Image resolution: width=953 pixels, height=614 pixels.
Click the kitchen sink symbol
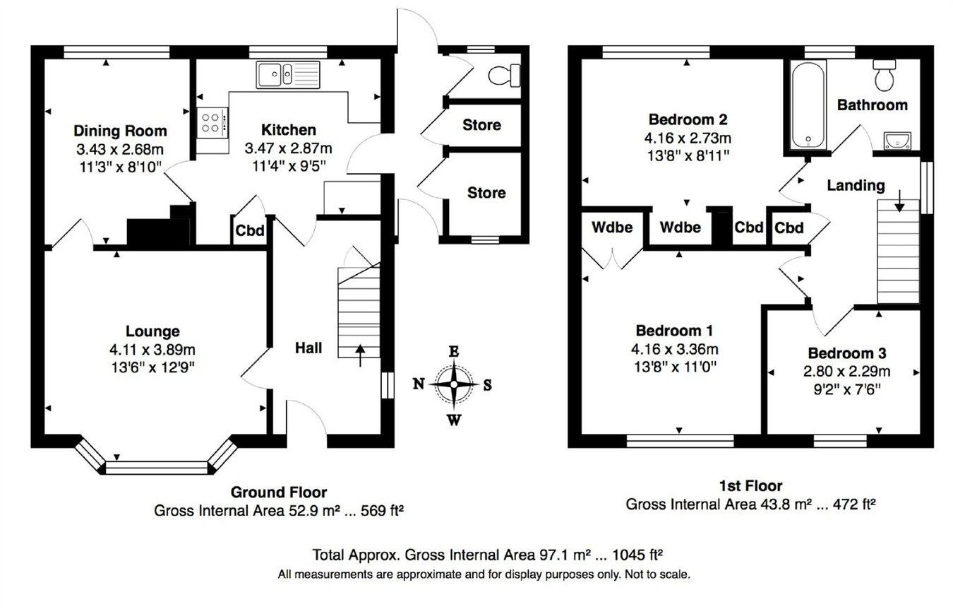click(x=288, y=73)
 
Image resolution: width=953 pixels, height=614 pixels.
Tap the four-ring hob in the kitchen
click(x=212, y=121)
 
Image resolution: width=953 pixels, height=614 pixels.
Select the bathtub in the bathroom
click(x=805, y=105)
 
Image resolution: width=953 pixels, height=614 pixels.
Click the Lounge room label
click(x=152, y=331)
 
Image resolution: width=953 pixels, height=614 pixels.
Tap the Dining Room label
click(x=120, y=131)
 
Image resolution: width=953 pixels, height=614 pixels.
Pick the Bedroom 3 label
click(x=847, y=353)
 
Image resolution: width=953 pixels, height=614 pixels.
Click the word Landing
click(x=856, y=186)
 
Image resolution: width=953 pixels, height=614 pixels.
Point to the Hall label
click(x=308, y=348)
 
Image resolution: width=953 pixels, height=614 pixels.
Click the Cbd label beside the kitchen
click(x=249, y=231)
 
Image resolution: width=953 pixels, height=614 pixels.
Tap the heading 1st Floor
click(x=750, y=486)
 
